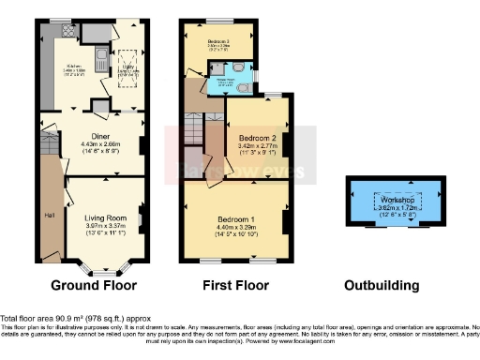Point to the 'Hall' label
pos(49,215)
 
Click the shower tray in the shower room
pos(218,67)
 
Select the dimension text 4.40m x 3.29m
pos(233,226)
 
